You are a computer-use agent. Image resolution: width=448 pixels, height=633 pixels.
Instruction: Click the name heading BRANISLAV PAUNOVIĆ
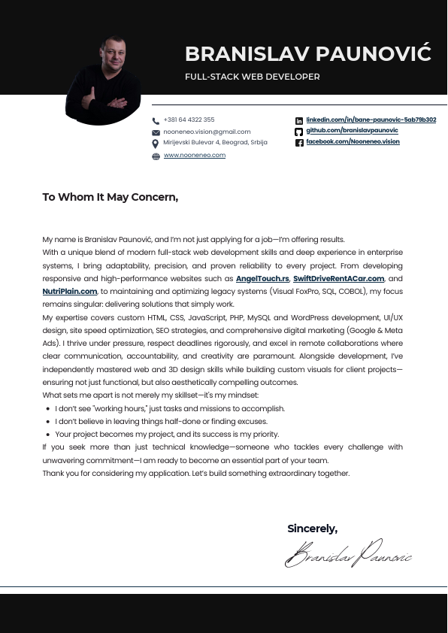(307, 54)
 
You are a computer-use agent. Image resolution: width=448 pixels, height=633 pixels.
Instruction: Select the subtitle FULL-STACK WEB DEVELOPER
(253, 77)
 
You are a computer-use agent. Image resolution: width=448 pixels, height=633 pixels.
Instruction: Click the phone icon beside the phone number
(156, 120)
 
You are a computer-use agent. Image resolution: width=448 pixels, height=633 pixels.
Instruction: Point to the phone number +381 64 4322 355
(189, 120)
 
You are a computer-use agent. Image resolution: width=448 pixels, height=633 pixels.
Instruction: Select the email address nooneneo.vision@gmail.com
(196, 132)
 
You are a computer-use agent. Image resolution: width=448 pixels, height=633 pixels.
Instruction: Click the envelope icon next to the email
(156, 132)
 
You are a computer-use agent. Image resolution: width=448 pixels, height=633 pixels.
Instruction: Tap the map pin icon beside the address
(156, 144)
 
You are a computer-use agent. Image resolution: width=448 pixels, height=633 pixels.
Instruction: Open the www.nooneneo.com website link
(195, 155)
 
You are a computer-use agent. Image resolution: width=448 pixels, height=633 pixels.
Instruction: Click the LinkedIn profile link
(371, 120)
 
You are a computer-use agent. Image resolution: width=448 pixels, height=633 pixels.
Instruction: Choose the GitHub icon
(298, 132)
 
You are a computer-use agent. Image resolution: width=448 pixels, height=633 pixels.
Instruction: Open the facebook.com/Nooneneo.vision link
(353, 141)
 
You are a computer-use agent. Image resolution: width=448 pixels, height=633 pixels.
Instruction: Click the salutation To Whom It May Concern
(110, 197)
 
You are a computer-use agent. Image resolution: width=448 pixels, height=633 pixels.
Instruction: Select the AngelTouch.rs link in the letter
(262, 278)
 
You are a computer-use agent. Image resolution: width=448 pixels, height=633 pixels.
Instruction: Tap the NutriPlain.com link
(70, 291)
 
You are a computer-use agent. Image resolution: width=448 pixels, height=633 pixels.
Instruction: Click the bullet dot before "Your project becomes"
(48, 435)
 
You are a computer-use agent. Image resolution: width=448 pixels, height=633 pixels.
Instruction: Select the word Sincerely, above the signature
(312, 529)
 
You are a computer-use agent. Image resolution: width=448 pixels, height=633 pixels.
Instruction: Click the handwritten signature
(348, 555)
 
